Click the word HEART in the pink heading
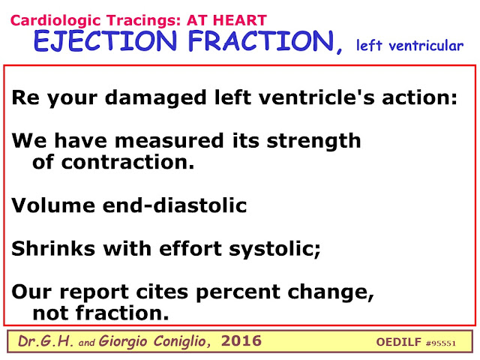[240, 20]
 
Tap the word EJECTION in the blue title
[106, 41]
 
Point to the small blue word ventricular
[426, 46]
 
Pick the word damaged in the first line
[155, 97]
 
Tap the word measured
[169, 141]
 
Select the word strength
[313, 142]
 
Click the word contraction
[128, 162]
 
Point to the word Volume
[53, 205]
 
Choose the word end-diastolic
[175, 205]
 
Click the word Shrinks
[53, 248]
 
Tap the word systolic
[274, 249]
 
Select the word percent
[238, 292]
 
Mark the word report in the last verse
[94, 292]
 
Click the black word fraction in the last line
[122, 313]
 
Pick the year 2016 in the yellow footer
[241, 340]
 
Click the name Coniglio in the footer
[181, 341]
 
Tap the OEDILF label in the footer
[398, 342]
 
